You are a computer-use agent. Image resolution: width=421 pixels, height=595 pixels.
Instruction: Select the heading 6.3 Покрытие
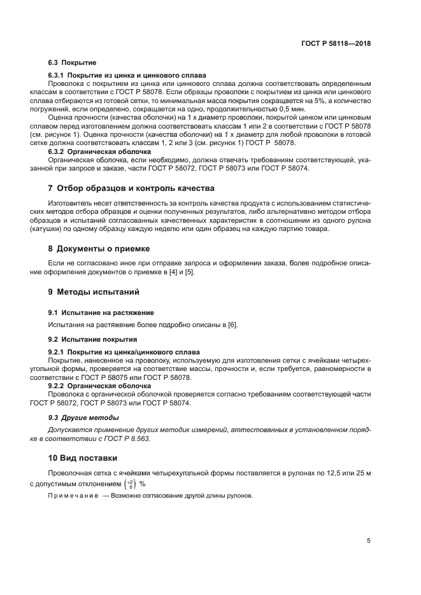tap(72, 63)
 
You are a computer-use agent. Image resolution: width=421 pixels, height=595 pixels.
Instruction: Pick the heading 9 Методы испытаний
tap(94, 292)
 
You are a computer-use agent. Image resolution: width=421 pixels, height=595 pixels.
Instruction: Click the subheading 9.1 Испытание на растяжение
tap(101, 312)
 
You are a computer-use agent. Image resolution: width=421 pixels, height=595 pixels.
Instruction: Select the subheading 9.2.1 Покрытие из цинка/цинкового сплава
tap(124, 351)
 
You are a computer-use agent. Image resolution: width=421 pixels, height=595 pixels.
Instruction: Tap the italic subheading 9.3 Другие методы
tap(83, 417)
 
